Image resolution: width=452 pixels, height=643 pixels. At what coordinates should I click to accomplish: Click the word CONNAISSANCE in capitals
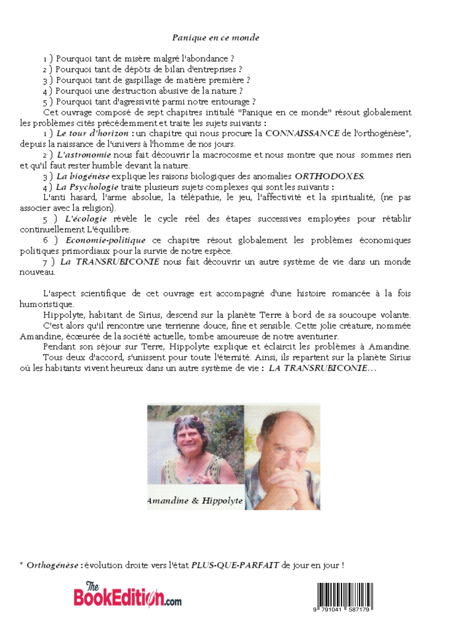coord(302,133)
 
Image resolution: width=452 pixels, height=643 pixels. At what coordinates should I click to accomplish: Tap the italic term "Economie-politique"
coord(106,240)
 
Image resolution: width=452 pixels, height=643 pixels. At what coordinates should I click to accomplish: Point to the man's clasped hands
coord(283,486)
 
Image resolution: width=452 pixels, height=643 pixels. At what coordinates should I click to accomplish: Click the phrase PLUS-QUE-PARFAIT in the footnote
coord(235,565)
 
